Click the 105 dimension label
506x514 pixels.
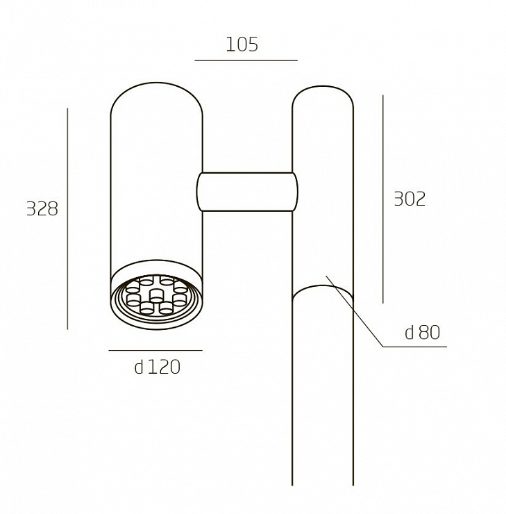[x=242, y=44]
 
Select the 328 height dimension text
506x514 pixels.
[x=42, y=208]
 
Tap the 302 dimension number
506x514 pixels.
[x=410, y=199]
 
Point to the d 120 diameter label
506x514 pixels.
[x=157, y=367]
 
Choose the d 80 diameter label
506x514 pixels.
[x=423, y=332]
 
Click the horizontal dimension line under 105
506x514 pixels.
[x=246, y=60]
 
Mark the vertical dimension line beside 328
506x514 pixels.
[x=67, y=219]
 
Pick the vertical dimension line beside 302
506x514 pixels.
[x=383, y=199]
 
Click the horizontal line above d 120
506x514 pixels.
[x=155, y=351]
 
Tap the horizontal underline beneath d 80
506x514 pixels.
[x=415, y=347]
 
